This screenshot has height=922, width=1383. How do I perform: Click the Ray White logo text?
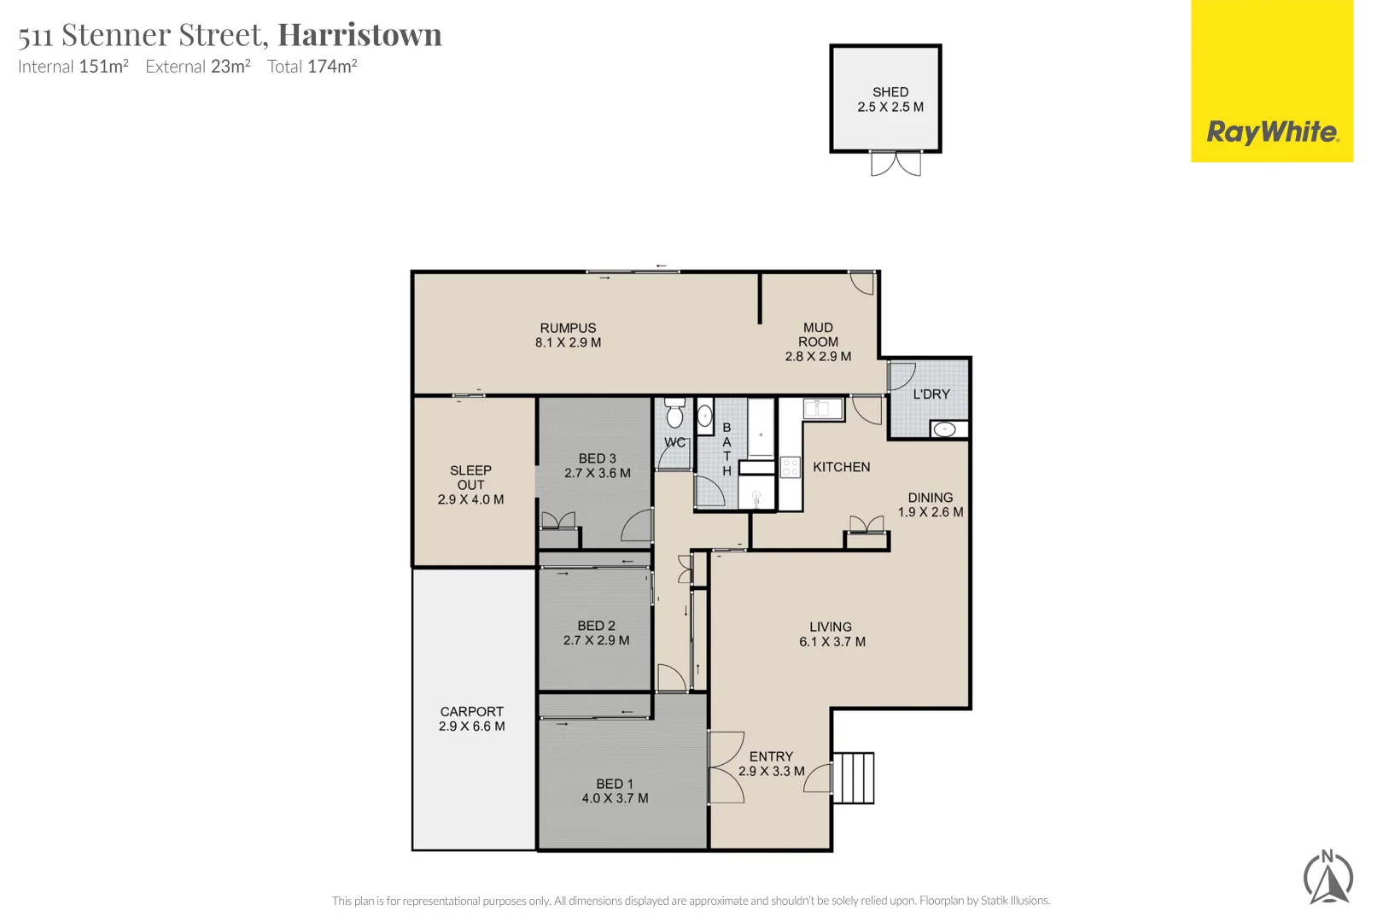[1272, 132]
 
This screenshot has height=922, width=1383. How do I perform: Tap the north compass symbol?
[1328, 878]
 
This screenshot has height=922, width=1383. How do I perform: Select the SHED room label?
[890, 92]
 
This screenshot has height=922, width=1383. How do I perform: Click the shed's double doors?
[896, 164]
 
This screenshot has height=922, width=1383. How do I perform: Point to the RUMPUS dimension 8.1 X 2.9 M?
[568, 343]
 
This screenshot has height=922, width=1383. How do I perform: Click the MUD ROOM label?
[818, 335]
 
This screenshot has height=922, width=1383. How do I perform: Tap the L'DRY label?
[931, 394]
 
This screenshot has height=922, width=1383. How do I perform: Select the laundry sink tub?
[944, 429]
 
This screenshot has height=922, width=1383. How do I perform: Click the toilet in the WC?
[674, 413]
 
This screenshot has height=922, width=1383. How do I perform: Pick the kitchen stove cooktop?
[791, 468]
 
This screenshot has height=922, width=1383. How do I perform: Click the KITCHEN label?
[842, 467]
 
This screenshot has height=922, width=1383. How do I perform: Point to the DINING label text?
[931, 498]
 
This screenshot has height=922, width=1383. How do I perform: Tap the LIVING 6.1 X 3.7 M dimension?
[832, 642]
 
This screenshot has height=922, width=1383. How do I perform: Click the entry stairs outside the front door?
[854, 778]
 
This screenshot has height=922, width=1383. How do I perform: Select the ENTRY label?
[771, 756]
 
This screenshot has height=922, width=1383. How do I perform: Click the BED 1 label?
[615, 784]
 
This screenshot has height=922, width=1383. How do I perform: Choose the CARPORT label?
[472, 712]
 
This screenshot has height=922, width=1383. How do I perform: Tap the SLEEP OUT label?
[470, 477]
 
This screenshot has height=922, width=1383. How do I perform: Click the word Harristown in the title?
[359, 35]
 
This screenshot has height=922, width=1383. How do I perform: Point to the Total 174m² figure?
[312, 67]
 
